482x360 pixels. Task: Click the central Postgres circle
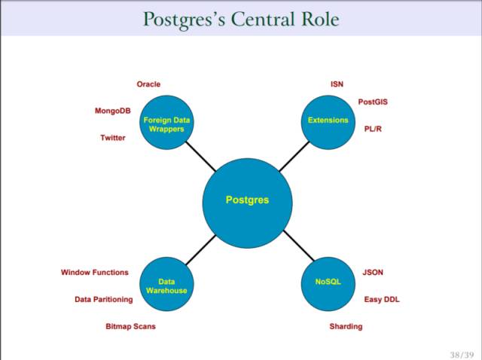coord(247,200)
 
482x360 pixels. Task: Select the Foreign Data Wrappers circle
coord(166,124)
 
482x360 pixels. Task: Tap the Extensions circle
coord(328,121)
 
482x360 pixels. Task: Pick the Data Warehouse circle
coord(166,285)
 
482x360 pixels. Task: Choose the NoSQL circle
coord(328,282)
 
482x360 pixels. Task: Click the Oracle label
coord(148,84)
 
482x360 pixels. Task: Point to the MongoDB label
coord(112,111)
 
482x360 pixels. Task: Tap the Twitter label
coord(113,138)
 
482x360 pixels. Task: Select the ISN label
coord(337,84)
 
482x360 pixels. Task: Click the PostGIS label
coord(373,102)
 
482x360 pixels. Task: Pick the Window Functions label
coord(95,273)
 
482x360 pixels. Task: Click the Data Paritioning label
coord(103,299)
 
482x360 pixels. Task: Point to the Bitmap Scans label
coord(130,326)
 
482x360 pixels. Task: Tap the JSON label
coord(374,273)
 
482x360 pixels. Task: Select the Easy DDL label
coord(382,299)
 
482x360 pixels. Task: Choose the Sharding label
coord(346,326)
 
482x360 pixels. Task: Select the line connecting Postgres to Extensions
coord(294,156)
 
